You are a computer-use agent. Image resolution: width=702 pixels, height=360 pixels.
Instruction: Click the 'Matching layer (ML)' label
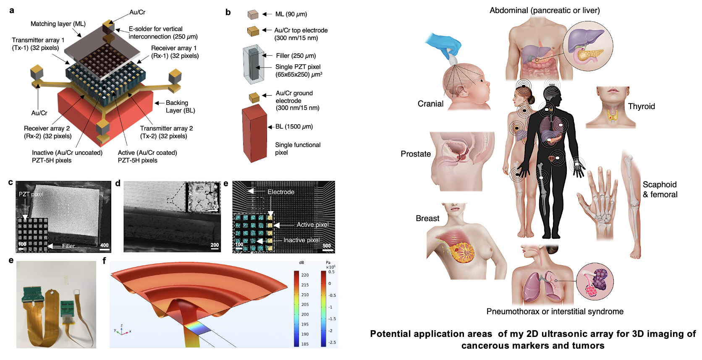58,24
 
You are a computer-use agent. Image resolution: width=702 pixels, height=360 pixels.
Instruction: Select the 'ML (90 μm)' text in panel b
291,14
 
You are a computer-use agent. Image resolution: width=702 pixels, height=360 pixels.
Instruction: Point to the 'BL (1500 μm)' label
294,127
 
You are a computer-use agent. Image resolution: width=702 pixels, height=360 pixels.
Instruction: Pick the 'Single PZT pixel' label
298,67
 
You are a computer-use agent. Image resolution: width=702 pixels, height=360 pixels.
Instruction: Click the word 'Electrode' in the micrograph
281,192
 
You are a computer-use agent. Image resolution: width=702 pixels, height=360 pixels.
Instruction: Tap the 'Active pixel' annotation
312,225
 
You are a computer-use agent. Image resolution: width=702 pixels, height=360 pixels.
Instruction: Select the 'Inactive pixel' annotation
301,240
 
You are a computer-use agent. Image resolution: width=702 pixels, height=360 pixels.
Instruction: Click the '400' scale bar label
104,245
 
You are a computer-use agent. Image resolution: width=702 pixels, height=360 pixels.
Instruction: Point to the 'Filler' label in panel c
68,246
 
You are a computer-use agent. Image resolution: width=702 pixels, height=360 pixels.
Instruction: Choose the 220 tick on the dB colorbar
305,275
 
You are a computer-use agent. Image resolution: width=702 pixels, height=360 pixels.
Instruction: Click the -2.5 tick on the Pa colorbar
332,342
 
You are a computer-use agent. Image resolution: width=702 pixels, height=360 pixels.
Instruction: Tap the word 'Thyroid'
641,107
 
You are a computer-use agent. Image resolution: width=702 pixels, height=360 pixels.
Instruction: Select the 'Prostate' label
416,154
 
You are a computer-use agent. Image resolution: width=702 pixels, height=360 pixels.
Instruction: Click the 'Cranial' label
430,104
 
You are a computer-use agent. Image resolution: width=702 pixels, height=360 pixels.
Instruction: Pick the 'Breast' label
427,219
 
